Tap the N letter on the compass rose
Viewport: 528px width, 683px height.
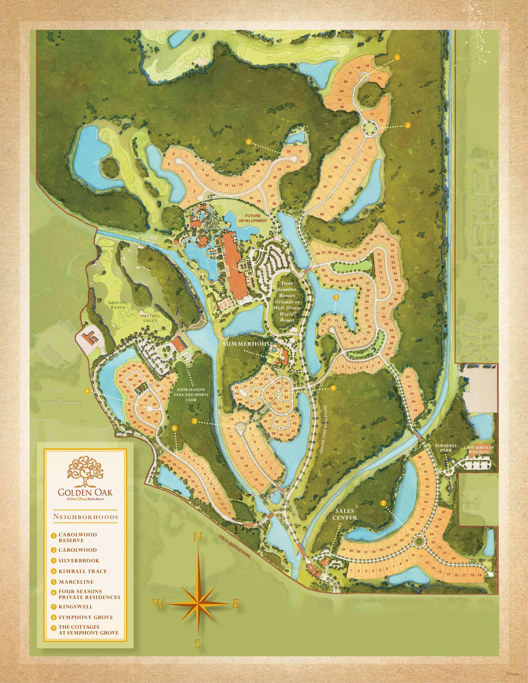point(198,537)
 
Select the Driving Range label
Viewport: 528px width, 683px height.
point(118,305)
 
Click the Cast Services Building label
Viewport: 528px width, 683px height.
point(479,450)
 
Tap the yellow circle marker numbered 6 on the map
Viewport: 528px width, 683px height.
point(249,142)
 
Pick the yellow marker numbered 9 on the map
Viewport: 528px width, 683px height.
point(87,391)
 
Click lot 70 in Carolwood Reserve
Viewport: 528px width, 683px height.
point(379,78)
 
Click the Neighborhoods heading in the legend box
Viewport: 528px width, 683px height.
point(86,517)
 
